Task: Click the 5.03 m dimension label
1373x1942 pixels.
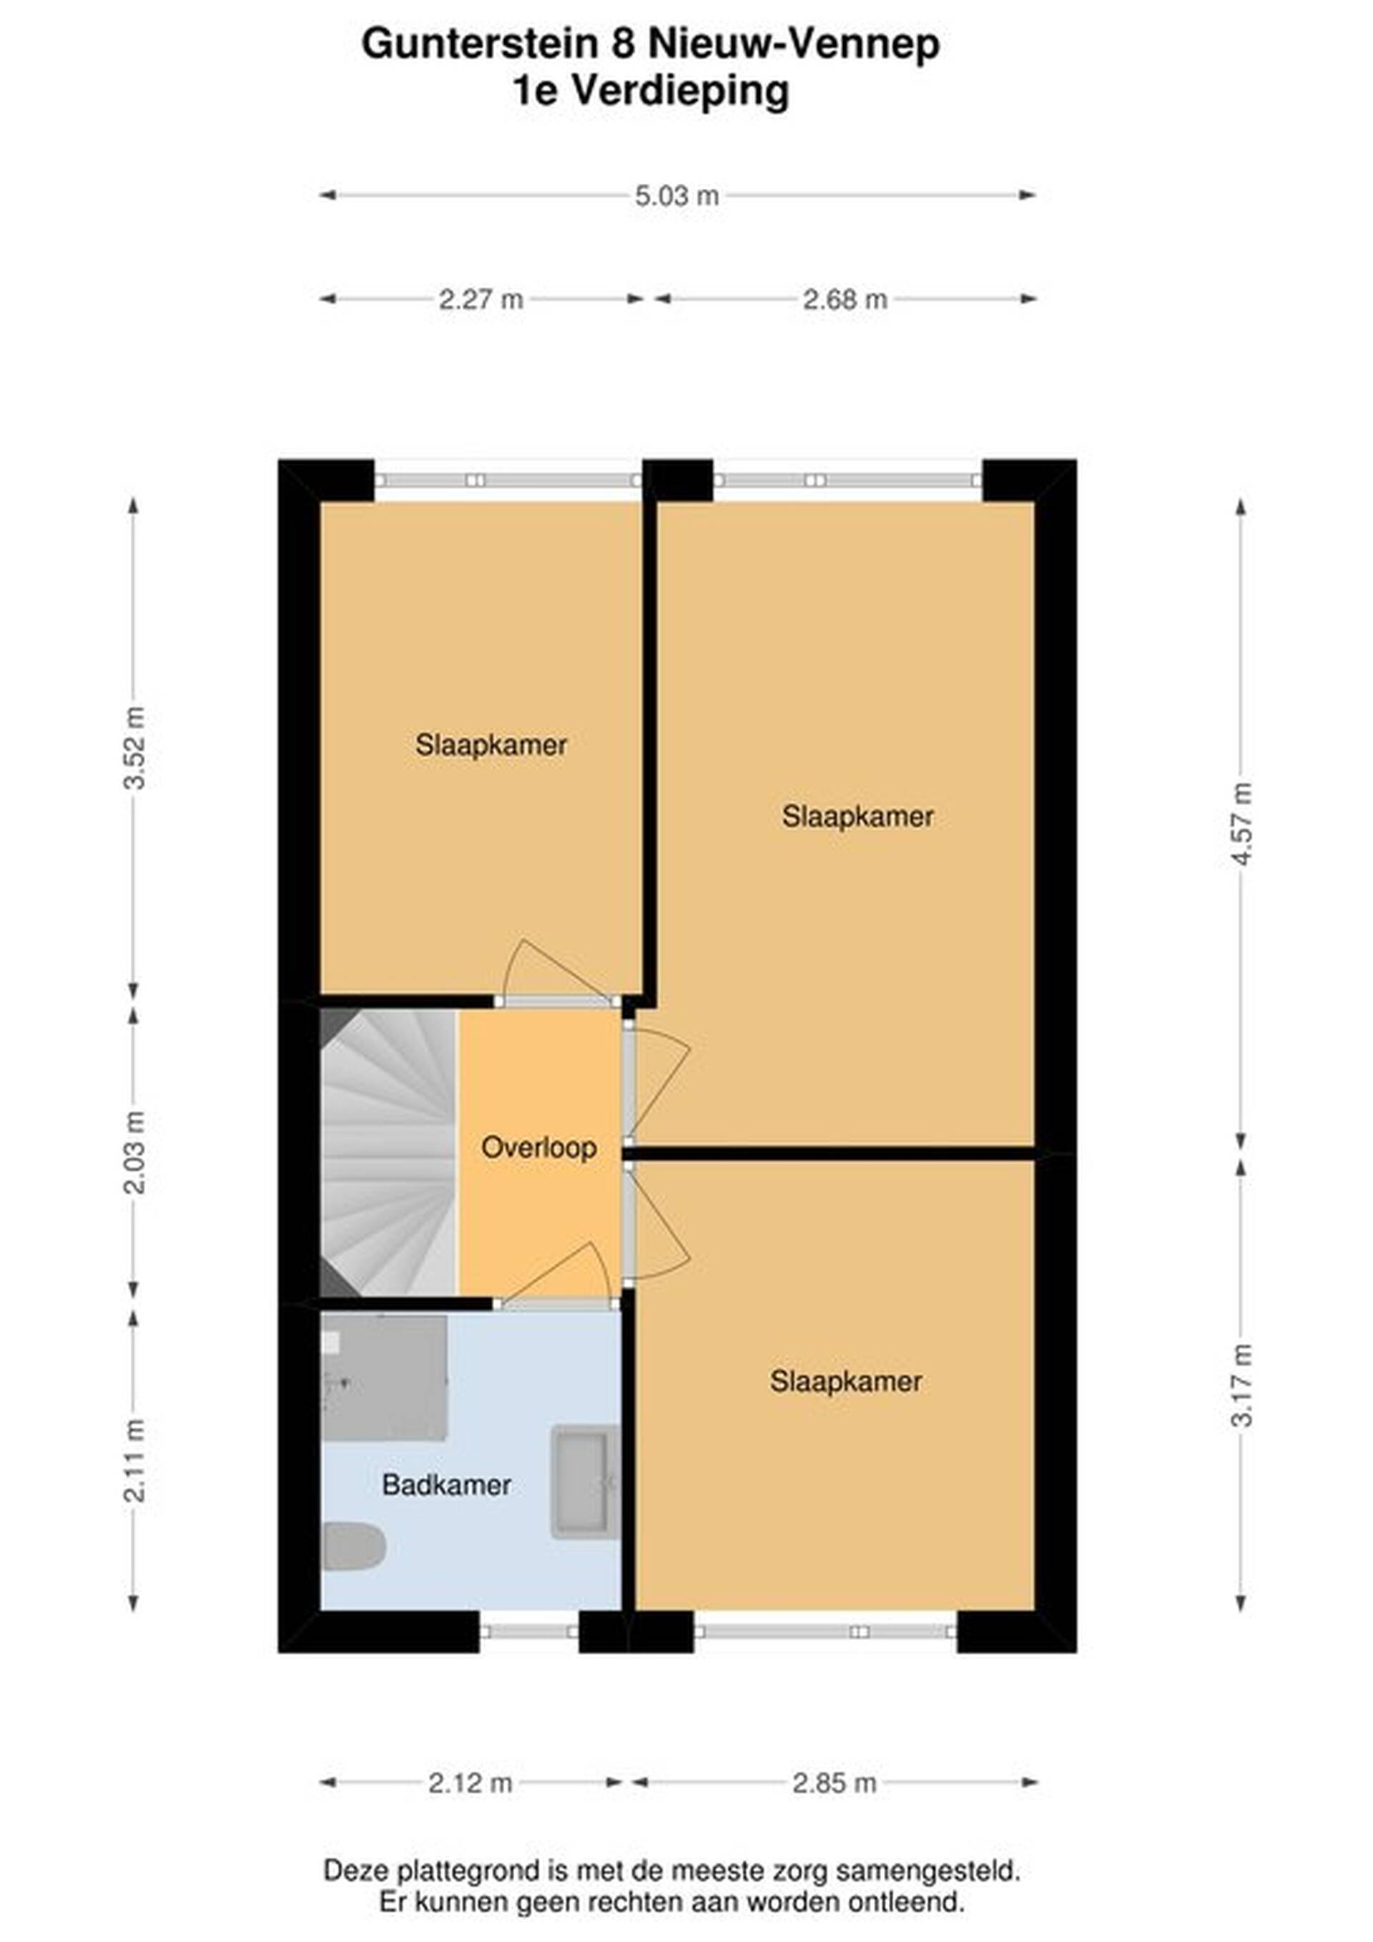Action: (676, 196)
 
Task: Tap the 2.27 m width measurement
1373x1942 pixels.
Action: (481, 300)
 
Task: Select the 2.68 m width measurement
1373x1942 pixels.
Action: (845, 300)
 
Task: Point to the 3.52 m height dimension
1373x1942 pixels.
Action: (134, 747)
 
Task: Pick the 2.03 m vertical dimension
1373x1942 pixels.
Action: (134, 1152)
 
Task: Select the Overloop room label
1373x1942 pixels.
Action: (538, 1148)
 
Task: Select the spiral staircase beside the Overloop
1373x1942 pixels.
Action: (389, 1153)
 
